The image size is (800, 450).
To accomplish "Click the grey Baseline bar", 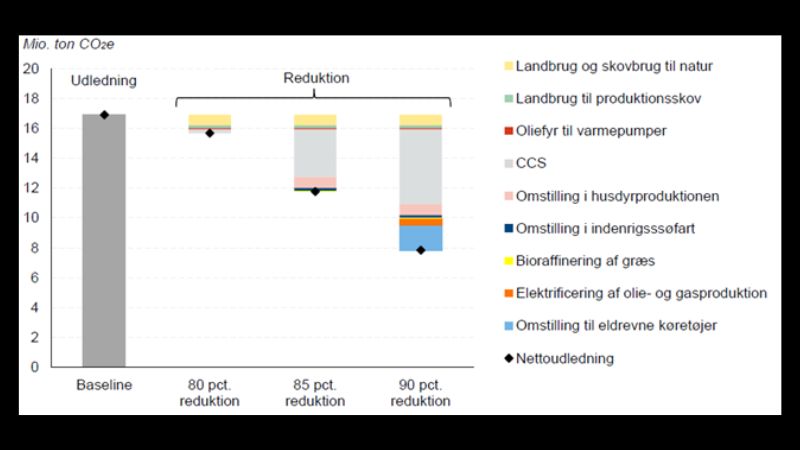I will (104, 240).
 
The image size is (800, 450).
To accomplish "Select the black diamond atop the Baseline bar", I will (104, 115).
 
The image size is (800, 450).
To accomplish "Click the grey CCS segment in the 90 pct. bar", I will (420, 166).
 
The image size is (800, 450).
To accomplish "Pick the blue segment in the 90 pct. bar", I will (420, 238).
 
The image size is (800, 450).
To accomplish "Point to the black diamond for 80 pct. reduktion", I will (210, 133).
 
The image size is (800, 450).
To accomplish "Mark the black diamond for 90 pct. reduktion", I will (420, 250).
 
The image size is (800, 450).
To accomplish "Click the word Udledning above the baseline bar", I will (103, 80).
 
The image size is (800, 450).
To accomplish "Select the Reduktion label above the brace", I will (314, 77).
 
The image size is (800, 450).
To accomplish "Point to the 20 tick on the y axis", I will (31, 69).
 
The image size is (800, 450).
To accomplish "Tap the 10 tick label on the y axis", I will (31, 218).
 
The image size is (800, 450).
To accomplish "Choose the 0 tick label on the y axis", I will (35, 367).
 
